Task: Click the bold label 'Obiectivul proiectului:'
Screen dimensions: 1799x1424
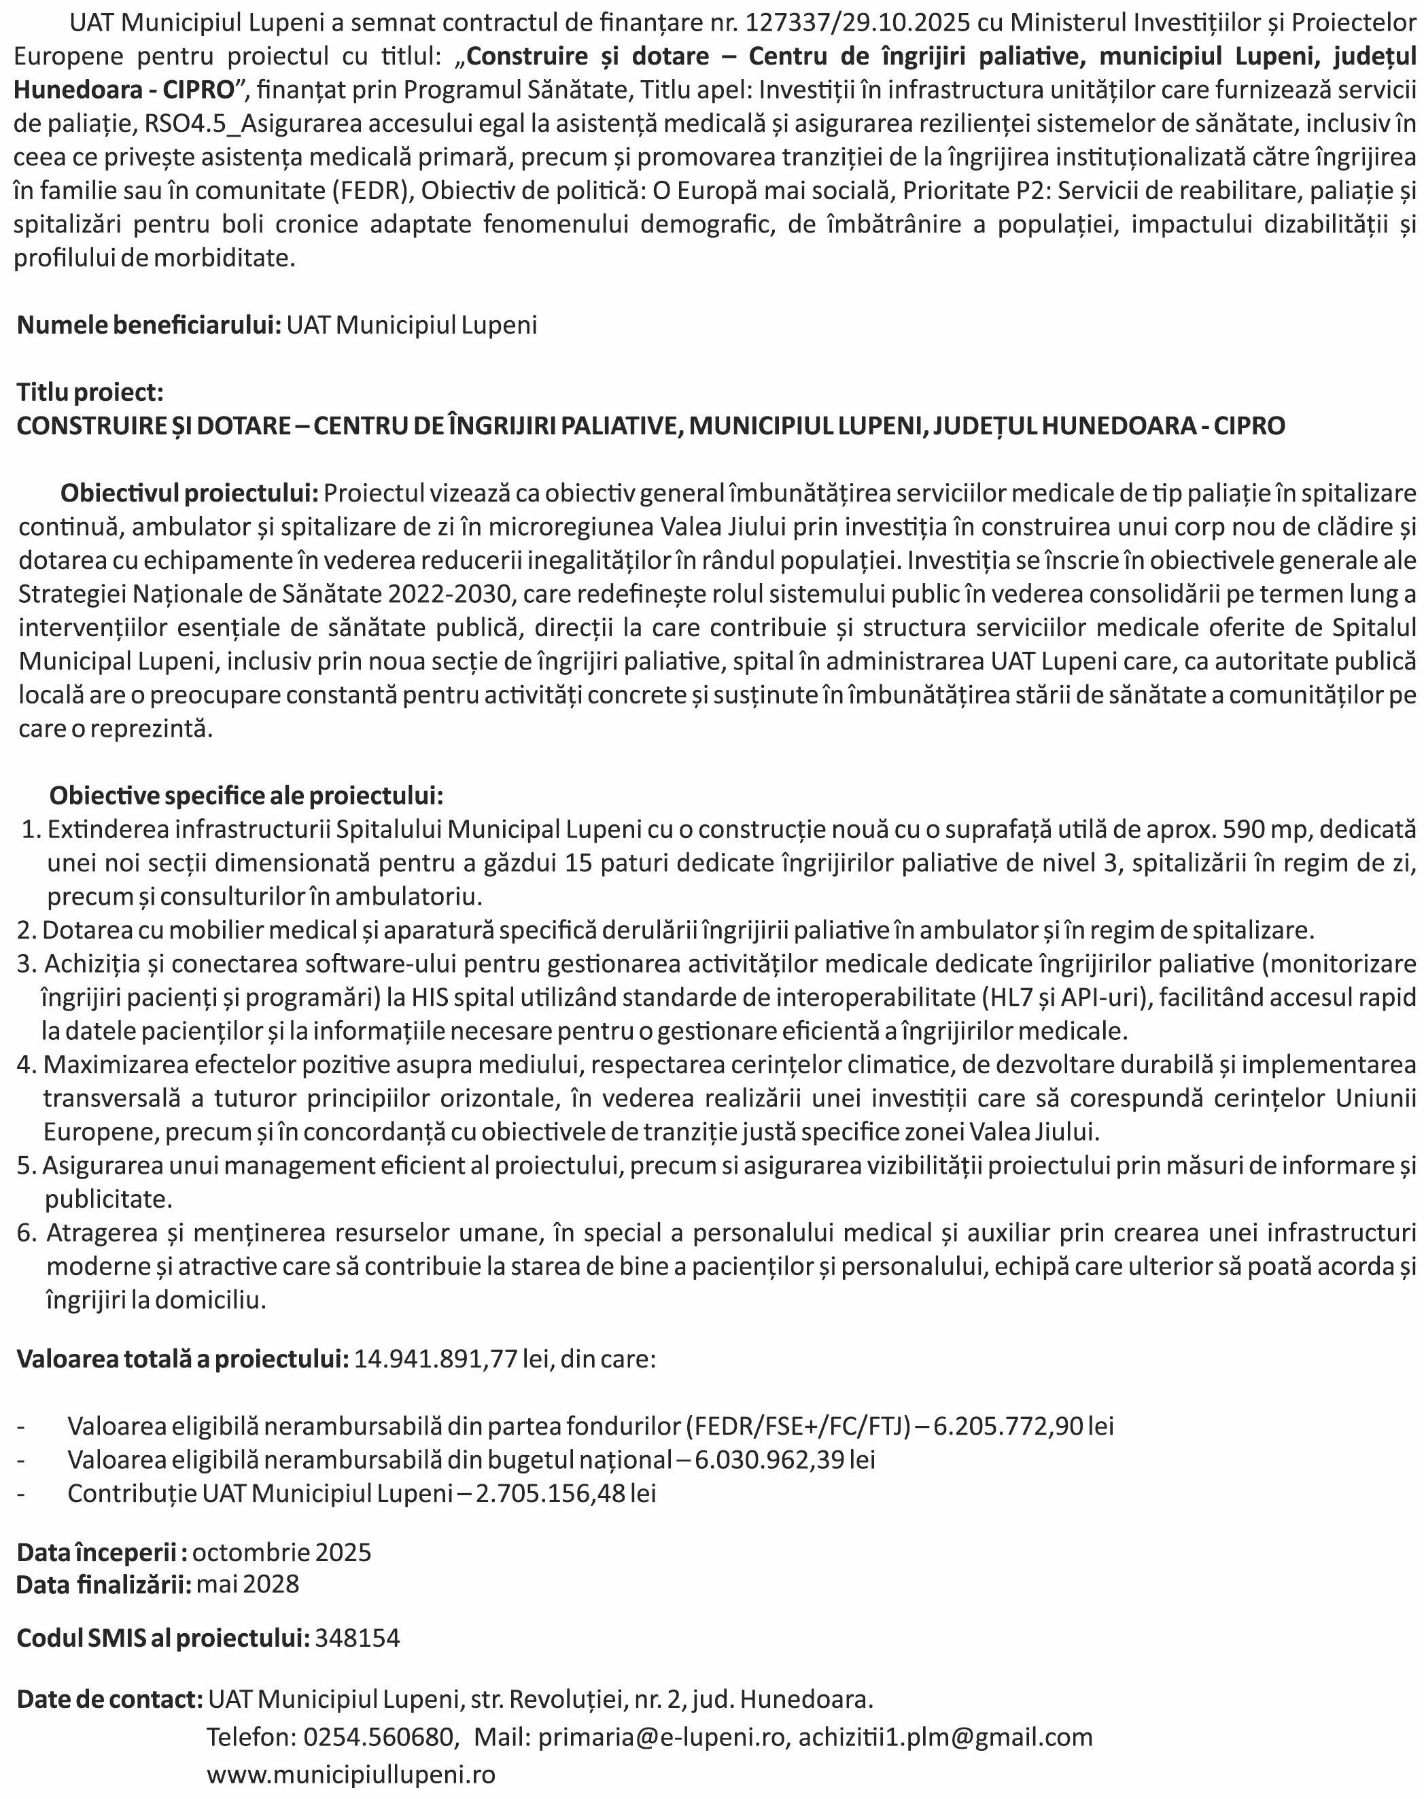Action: click(189, 493)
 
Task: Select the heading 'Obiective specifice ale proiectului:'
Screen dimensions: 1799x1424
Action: click(246, 795)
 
